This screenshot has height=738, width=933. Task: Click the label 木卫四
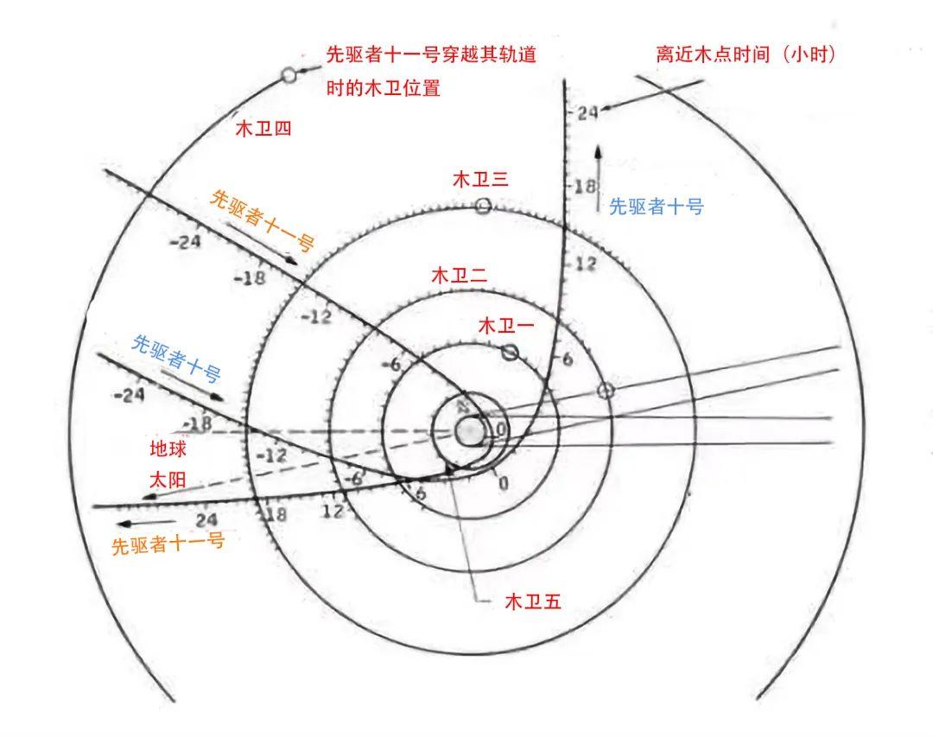click(x=263, y=129)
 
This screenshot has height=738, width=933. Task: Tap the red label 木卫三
click(x=480, y=179)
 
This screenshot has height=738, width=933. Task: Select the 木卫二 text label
click(x=460, y=276)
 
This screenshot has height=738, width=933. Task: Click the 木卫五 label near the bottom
click(x=533, y=602)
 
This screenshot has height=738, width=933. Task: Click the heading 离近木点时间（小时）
click(x=746, y=54)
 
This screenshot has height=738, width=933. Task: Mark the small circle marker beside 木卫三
click(x=483, y=206)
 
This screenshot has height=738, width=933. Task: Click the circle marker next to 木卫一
click(x=510, y=352)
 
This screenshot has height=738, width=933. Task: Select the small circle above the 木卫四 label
click(x=289, y=75)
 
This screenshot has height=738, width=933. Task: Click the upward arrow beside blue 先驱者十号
click(x=597, y=178)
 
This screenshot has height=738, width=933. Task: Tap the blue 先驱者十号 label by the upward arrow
click(x=657, y=207)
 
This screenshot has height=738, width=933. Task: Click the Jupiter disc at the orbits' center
click(x=470, y=430)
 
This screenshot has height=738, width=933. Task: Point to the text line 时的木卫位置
click(x=383, y=87)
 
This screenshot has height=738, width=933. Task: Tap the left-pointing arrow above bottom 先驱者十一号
click(x=138, y=522)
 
